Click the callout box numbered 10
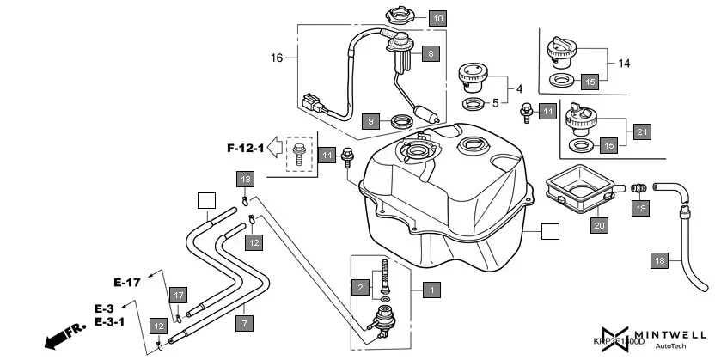(x=437, y=18)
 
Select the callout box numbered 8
(x=431, y=53)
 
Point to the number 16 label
(x=277, y=58)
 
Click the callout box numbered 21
(x=642, y=131)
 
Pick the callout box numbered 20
(x=599, y=226)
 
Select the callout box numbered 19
(x=639, y=207)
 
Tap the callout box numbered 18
(x=659, y=260)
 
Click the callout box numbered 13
(x=245, y=179)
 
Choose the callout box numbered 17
(x=177, y=296)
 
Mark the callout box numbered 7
(x=245, y=324)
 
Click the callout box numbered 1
(x=431, y=290)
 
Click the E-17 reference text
(x=127, y=281)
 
